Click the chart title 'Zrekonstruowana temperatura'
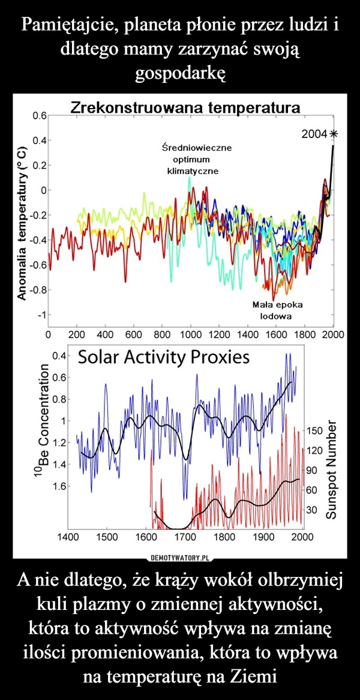coord(185,108)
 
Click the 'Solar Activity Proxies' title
coord(164,358)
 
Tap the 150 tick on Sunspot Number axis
coord(314,431)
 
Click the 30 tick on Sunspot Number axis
coord(311,510)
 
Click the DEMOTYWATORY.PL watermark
coord(179,556)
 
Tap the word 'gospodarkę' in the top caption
coord(180,73)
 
